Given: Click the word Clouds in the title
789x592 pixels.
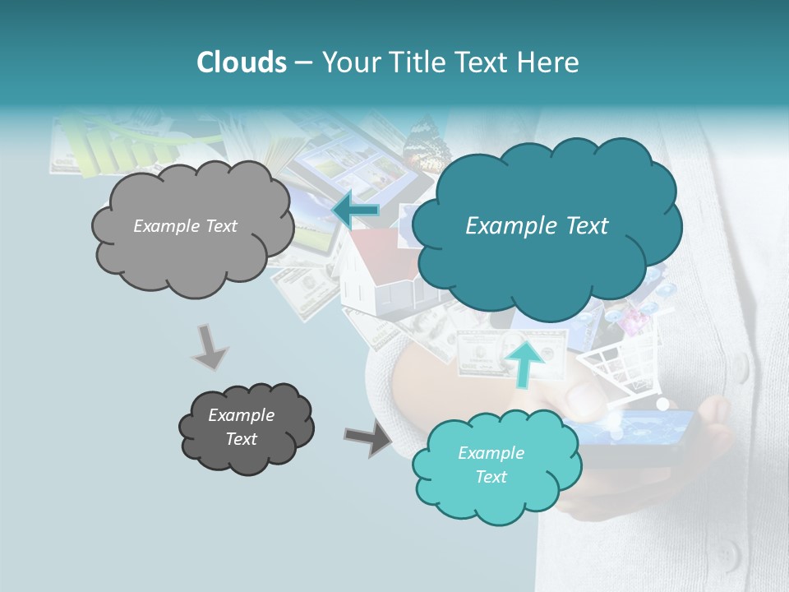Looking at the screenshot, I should click(242, 62).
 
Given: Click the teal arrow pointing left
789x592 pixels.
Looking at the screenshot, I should click(355, 210).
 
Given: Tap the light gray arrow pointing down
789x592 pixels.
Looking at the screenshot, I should click(210, 346).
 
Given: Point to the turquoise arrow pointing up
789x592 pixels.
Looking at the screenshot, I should click(524, 361).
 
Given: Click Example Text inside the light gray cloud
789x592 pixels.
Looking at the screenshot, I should click(185, 226).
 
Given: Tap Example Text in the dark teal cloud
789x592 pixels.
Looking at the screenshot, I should click(537, 226).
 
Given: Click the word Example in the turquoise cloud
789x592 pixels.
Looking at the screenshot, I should click(491, 453).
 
